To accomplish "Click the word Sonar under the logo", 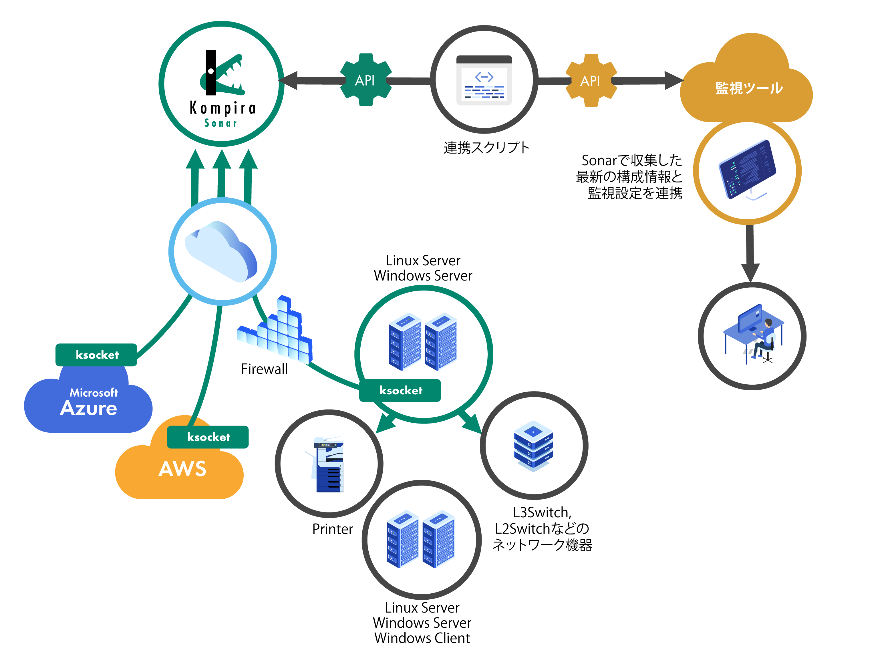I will coord(221,123).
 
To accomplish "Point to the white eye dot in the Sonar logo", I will coord(211,71).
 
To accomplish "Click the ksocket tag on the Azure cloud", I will coord(97,355).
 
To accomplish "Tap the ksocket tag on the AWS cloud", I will coord(208,437).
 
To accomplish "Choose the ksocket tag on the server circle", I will coord(400,390).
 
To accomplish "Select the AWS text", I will coord(182,469).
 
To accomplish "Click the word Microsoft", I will coord(94,393).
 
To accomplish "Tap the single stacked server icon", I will coord(533,446).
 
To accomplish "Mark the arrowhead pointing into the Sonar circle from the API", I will coord(288,80).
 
